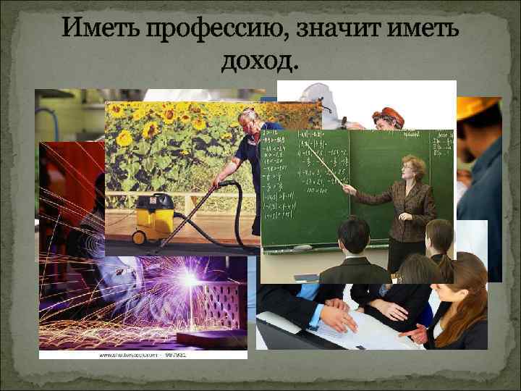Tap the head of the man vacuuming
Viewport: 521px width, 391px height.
[248, 117]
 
